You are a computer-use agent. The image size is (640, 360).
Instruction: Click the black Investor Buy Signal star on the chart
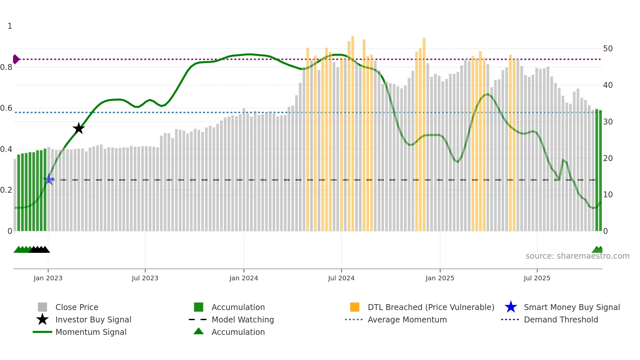[x=78, y=128]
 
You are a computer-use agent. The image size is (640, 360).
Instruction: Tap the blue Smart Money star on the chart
[x=49, y=179]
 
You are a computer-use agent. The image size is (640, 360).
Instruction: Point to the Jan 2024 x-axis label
[x=244, y=278]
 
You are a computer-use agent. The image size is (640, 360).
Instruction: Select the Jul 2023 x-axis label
[x=145, y=278]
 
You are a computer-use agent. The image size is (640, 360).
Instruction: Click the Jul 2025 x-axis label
[x=537, y=278]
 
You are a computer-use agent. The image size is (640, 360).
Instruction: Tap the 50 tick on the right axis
[x=608, y=49]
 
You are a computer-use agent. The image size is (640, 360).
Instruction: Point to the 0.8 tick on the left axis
[x=7, y=67]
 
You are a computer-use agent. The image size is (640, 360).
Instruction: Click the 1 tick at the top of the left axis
[x=10, y=26]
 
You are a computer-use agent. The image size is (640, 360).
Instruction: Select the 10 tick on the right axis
[x=608, y=195]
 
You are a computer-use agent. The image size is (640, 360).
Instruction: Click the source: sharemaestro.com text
[x=577, y=256]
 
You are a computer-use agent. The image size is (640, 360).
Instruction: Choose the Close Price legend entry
[x=77, y=307]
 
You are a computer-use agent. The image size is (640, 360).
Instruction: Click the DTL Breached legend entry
[x=431, y=307]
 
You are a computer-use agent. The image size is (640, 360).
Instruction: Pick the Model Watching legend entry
[x=243, y=319]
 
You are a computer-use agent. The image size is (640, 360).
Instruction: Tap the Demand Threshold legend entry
[x=561, y=319]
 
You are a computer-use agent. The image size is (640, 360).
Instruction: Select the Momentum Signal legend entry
[x=91, y=332]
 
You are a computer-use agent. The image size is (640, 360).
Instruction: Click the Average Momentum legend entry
[x=407, y=319]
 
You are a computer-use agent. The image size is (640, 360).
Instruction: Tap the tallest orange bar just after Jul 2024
[x=353, y=131]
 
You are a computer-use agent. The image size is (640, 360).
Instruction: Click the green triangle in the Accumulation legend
[x=199, y=331]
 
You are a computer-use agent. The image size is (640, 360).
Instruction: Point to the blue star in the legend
[x=511, y=307]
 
